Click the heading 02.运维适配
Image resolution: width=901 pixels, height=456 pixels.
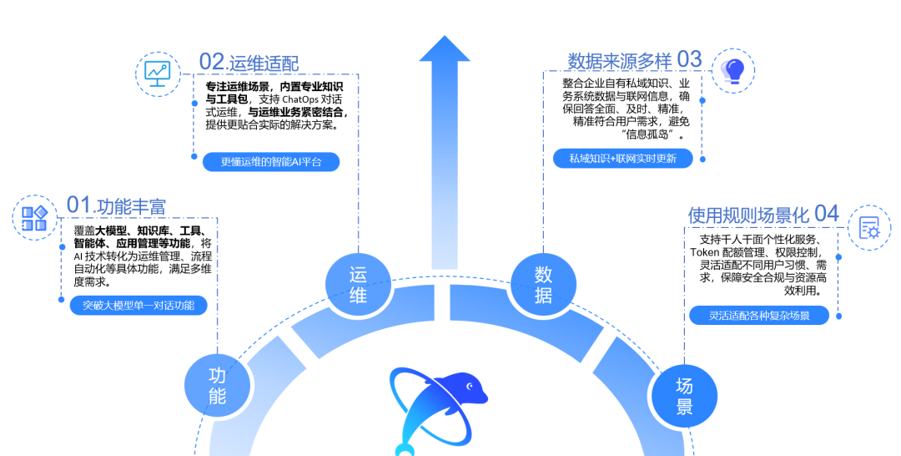click(249, 62)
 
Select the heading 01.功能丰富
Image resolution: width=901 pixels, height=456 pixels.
click(116, 205)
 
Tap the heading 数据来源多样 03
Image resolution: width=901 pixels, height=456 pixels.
click(635, 60)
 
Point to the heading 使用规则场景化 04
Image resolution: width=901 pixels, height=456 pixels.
click(763, 215)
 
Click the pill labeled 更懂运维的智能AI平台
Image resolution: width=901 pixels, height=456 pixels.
click(271, 161)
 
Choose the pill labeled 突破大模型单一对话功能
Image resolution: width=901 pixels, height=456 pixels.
click(138, 306)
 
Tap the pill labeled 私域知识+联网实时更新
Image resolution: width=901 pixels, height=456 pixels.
click(623, 159)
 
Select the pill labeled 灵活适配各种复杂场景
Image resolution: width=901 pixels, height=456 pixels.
click(759, 315)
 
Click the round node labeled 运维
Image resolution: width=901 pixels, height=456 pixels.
click(358, 285)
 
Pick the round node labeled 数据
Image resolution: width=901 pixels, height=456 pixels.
click(543, 285)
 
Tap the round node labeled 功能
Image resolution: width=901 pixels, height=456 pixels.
click(217, 385)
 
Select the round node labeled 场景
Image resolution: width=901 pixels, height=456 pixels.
click(684, 396)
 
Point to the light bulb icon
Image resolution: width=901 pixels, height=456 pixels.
click(733, 71)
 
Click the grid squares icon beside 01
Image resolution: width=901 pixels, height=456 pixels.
click(34, 218)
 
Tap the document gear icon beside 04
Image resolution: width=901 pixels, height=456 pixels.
click(869, 228)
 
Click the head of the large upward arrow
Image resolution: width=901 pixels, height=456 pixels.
click(444, 48)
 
